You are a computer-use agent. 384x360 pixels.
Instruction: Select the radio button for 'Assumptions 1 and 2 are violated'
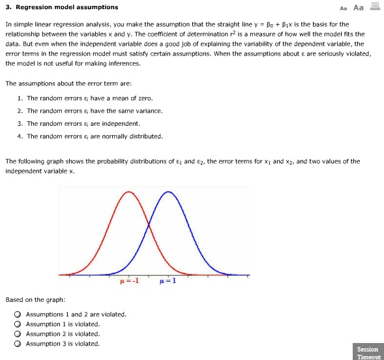[18, 314]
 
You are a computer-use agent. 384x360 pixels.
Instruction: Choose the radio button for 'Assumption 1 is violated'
[18, 324]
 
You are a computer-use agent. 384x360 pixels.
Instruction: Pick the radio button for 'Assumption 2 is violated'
[18, 334]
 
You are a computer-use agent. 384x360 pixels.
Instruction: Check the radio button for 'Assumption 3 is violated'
[18, 344]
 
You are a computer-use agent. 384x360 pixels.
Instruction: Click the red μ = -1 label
[129, 282]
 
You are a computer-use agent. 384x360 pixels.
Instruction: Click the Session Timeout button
[368, 352]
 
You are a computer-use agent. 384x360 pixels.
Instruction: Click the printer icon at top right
[374, 7]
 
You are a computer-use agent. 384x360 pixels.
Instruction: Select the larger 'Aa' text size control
[358, 8]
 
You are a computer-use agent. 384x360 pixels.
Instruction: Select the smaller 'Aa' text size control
[344, 8]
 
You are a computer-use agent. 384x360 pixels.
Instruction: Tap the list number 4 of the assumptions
[20, 136]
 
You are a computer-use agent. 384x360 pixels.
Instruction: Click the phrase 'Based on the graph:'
[35, 300]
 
